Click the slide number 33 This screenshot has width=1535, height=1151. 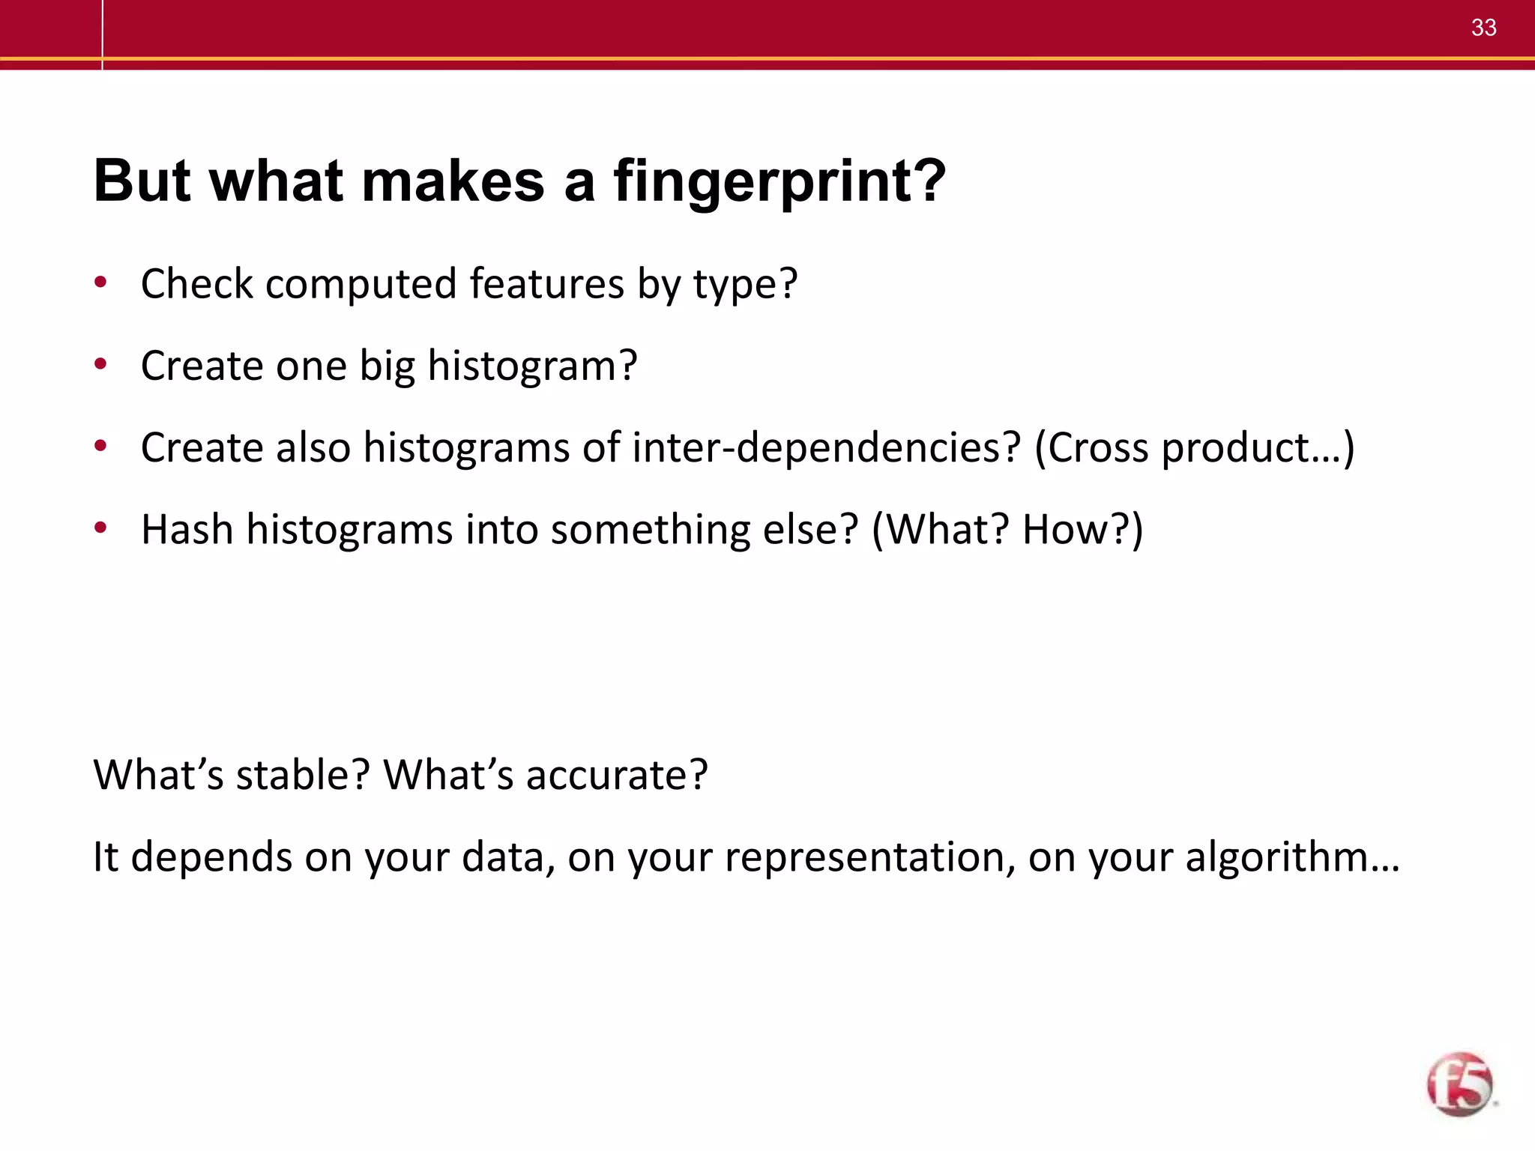coord(1483,28)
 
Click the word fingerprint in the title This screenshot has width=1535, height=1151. coord(779,181)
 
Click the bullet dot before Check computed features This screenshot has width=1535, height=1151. coord(100,283)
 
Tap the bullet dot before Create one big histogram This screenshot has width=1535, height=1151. coord(100,365)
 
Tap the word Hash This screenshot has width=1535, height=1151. coord(187,529)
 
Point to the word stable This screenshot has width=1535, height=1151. coord(303,774)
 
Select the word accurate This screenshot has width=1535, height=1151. coord(616,776)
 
